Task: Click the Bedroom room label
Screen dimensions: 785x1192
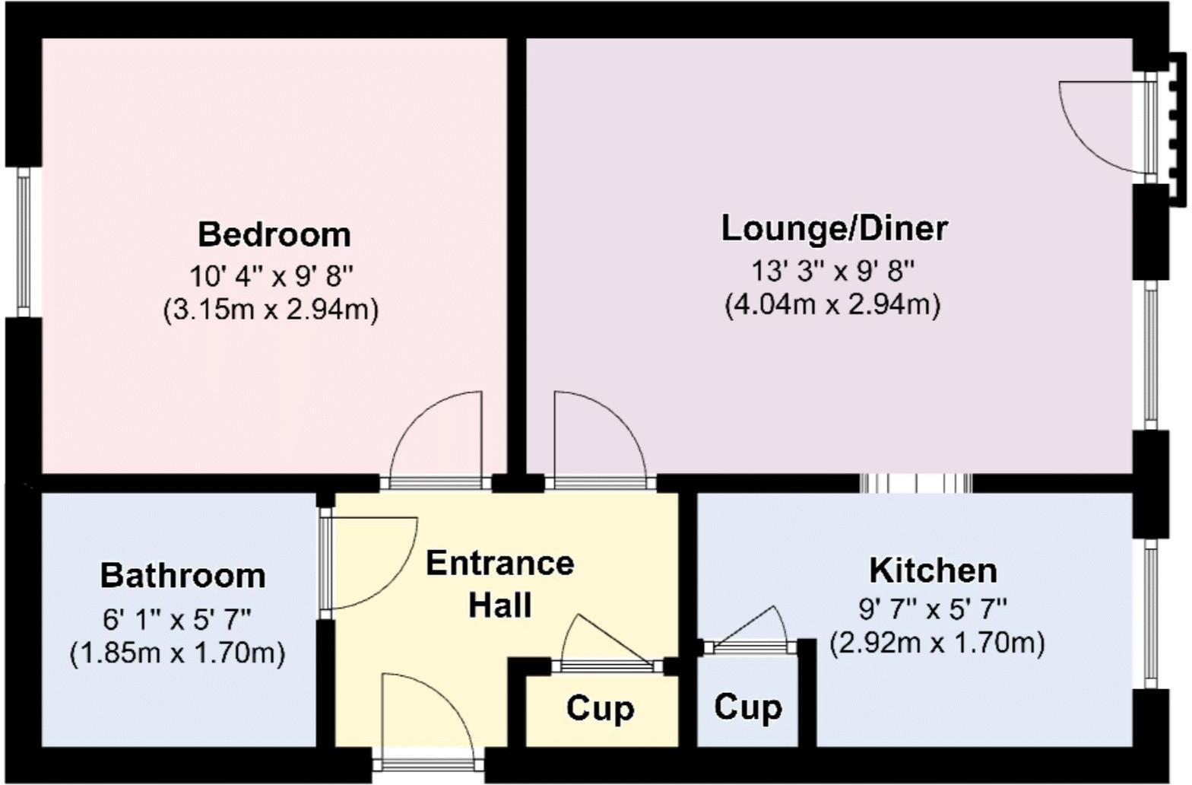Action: point(274,234)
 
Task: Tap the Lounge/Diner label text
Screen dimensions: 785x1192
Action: point(834,228)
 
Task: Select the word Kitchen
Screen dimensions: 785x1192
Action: point(933,570)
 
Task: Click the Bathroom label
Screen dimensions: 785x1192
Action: point(183,576)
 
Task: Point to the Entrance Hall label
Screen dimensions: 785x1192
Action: point(499,584)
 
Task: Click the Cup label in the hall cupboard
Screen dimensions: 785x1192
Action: point(600,708)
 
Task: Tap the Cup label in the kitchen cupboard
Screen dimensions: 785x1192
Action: point(747,707)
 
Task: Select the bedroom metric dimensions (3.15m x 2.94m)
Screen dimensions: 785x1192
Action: point(271,310)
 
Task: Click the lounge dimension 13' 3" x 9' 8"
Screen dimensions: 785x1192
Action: point(833,269)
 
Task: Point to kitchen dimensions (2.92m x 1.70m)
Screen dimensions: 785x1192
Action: point(937,644)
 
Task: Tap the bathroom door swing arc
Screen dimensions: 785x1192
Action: point(372,563)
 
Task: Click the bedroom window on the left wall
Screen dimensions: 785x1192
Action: point(24,242)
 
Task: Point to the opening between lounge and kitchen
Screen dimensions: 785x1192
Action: point(915,484)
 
